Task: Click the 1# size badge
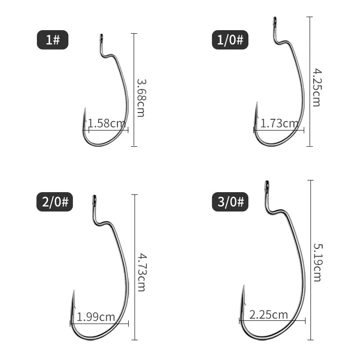(x=53, y=40)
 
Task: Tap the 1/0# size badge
(x=230, y=40)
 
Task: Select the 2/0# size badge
(x=54, y=202)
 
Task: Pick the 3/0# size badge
(x=230, y=202)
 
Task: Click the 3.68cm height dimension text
(x=141, y=98)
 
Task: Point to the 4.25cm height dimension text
(x=317, y=87)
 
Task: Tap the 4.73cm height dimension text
(x=141, y=272)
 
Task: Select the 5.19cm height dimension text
(x=318, y=262)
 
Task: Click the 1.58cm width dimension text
(x=107, y=123)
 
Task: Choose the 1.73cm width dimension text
(x=279, y=123)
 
